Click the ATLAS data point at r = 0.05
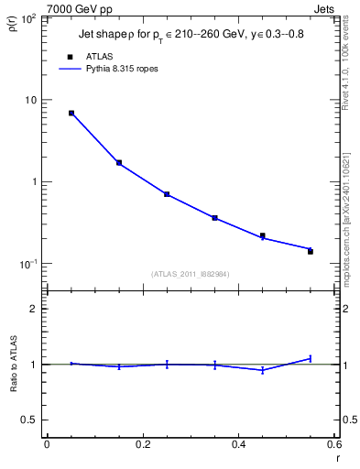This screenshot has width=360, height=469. click(71, 114)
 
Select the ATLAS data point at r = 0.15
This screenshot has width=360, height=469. click(119, 163)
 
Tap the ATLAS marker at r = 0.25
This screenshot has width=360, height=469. click(167, 194)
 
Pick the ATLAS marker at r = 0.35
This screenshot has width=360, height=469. click(214, 218)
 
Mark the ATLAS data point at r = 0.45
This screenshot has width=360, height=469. click(263, 235)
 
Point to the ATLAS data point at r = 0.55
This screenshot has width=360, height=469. click(311, 251)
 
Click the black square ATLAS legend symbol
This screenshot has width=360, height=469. click(70, 57)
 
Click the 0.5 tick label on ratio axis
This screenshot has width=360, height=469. click(30, 420)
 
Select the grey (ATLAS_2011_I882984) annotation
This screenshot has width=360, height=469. click(191, 273)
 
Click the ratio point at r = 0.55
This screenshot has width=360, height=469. click(311, 358)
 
